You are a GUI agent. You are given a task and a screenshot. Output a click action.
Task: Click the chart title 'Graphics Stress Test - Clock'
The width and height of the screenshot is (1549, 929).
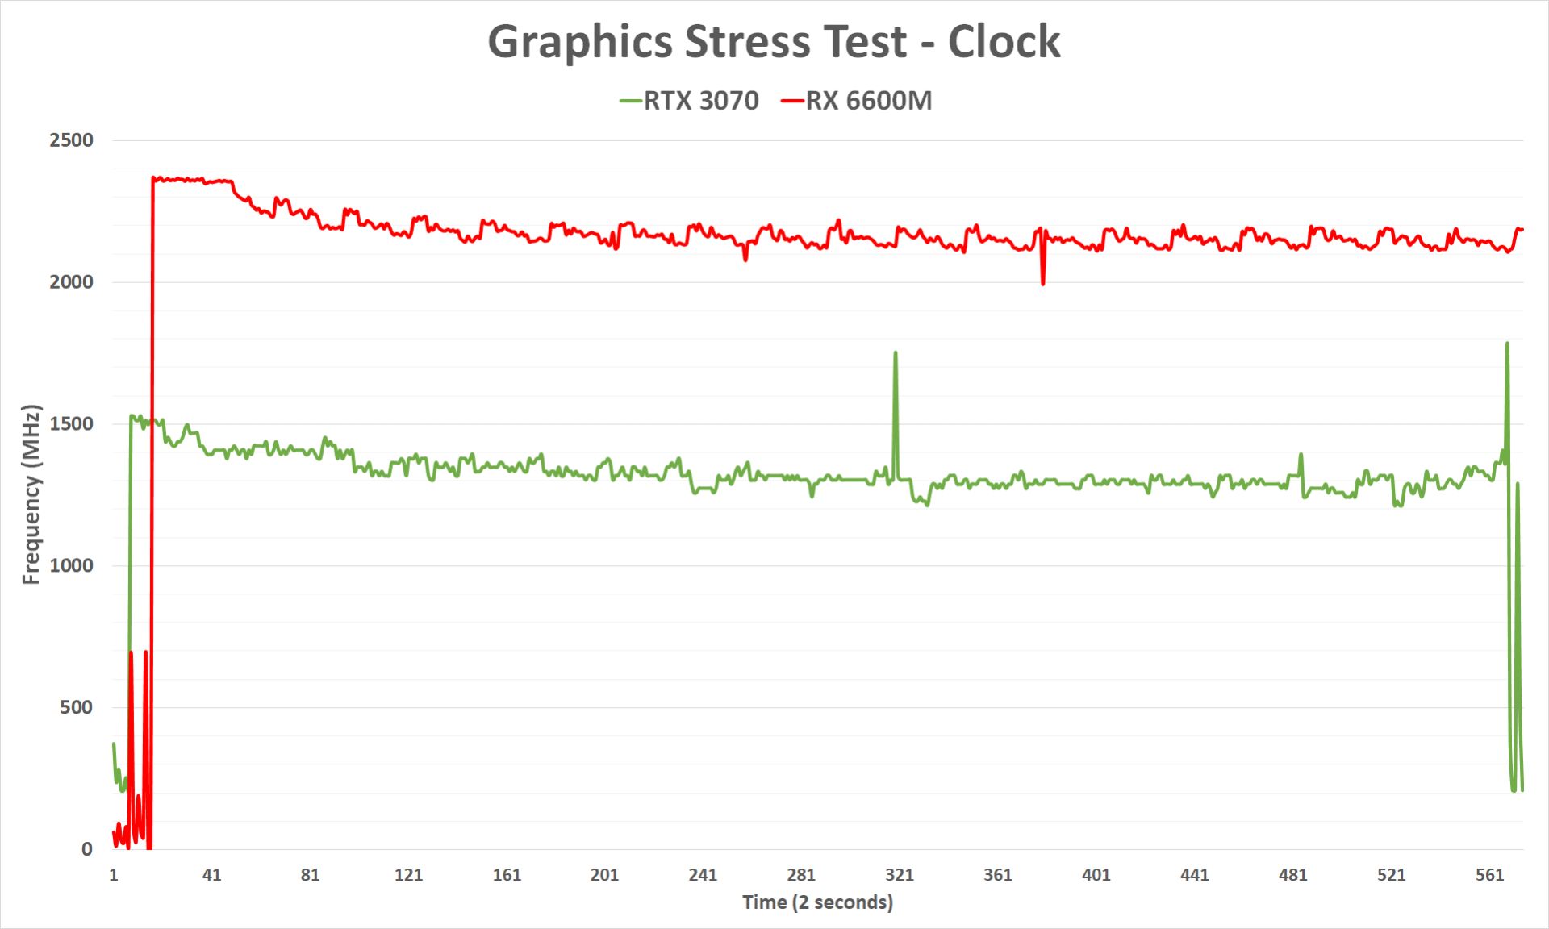(x=774, y=42)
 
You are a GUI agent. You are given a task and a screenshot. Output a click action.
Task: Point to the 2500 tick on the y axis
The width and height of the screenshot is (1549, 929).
(x=72, y=140)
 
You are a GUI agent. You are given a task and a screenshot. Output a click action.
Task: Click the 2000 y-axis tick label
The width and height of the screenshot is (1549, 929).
(x=72, y=282)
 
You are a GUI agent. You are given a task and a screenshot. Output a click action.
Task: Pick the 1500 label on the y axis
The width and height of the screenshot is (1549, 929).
(x=72, y=424)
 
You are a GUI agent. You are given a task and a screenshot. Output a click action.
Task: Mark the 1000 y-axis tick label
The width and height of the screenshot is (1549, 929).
(x=72, y=565)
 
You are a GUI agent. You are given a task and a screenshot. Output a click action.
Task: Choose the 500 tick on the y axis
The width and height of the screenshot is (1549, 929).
(x=77, y=707)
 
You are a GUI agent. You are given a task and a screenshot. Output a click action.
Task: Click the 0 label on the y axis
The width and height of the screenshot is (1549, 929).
(x=87, y=849)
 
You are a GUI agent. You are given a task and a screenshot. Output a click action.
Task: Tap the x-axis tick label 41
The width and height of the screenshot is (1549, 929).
(x=211, y=875)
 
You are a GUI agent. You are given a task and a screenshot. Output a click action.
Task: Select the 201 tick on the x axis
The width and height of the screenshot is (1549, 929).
(x=604, y=875)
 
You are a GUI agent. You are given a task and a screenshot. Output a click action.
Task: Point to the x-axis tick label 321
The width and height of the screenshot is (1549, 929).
(x=900, y=875)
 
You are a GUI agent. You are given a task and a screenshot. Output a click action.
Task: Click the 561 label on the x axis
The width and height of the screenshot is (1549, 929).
(x=1489, y=875)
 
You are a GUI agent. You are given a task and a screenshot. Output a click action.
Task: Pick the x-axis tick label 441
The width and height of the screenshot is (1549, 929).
(x=1194, y=875)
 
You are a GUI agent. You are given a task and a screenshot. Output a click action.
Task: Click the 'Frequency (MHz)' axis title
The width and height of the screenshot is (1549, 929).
(x=31, y=494)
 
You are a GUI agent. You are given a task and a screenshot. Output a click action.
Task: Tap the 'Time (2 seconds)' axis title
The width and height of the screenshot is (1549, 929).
(x=817, y=902)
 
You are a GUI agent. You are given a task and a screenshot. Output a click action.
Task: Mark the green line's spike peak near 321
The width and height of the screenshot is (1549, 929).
(x=896, y=352)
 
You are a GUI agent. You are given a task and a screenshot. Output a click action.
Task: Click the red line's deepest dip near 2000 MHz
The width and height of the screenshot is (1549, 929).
(x=1043, y=284)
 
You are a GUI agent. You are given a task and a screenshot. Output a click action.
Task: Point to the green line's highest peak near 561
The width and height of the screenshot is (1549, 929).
(x=1507, y=344)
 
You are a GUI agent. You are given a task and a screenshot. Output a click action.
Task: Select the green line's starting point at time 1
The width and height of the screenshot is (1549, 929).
(x=114, y=744)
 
